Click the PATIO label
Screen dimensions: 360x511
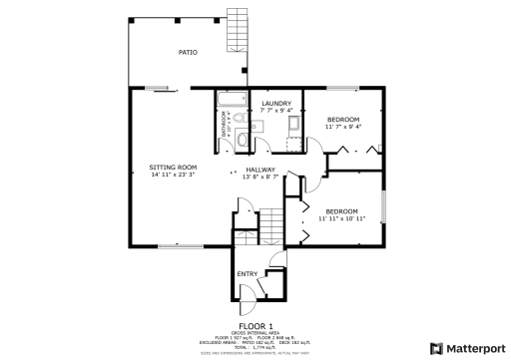tap(187, 52)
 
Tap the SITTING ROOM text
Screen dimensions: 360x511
tap(173, 167)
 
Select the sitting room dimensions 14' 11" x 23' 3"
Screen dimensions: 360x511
tap(173, 175)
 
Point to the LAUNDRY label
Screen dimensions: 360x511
tap(276, 104)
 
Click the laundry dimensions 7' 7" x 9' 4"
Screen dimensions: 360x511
tap(276, 111)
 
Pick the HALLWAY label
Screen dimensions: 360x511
tap(260, 170)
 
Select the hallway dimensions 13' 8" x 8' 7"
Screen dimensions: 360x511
tap(260, 178)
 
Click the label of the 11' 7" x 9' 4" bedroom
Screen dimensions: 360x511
tap(344, 119)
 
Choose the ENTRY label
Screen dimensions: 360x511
tap(246, 273)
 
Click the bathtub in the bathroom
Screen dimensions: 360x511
tap(233, 101)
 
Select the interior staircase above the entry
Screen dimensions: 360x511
tap(271, 226)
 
